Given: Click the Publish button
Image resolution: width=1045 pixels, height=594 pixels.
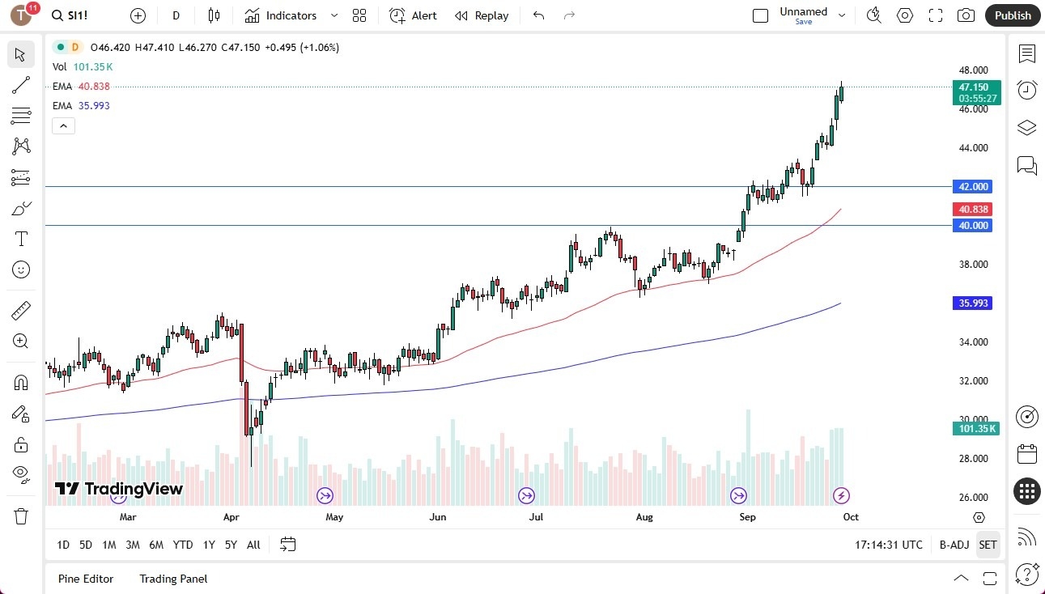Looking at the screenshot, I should tap(1012, 15).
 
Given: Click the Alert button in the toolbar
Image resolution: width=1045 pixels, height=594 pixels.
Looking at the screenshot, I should tap(413, 15).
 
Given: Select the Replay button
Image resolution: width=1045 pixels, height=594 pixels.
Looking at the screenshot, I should tap(482, 15).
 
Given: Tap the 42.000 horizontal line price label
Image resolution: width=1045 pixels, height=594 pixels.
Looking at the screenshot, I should tap(974, 186).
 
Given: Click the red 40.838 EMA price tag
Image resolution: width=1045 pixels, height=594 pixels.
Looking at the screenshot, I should tap(974, 209).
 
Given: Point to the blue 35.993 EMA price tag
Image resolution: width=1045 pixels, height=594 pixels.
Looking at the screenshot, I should tap(974, 303).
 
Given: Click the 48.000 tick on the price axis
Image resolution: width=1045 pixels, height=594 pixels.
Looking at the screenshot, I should tap(974, 70).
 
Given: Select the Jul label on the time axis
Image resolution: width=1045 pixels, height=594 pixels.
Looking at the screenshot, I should tap(536, 516).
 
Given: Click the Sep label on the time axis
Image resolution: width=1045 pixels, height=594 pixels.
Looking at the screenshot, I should tap(747, 516).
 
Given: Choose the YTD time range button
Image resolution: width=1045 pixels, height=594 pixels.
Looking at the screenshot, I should tap(183, 545).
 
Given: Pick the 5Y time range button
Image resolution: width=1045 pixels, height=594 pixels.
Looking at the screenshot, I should tap(231, 545).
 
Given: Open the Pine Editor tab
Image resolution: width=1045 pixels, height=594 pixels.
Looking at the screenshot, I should tap(86, 579).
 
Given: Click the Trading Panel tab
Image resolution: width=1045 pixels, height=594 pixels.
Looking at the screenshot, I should tap(173, 579).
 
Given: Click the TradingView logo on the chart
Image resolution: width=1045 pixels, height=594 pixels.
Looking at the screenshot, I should tap(119, 489).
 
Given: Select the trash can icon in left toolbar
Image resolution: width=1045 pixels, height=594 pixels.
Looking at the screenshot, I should tap(21, 516).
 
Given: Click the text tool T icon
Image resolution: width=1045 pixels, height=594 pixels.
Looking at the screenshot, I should tap(21, 239).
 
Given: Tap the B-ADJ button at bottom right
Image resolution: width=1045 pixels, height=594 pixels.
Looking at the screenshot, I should tap(954, 545).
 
